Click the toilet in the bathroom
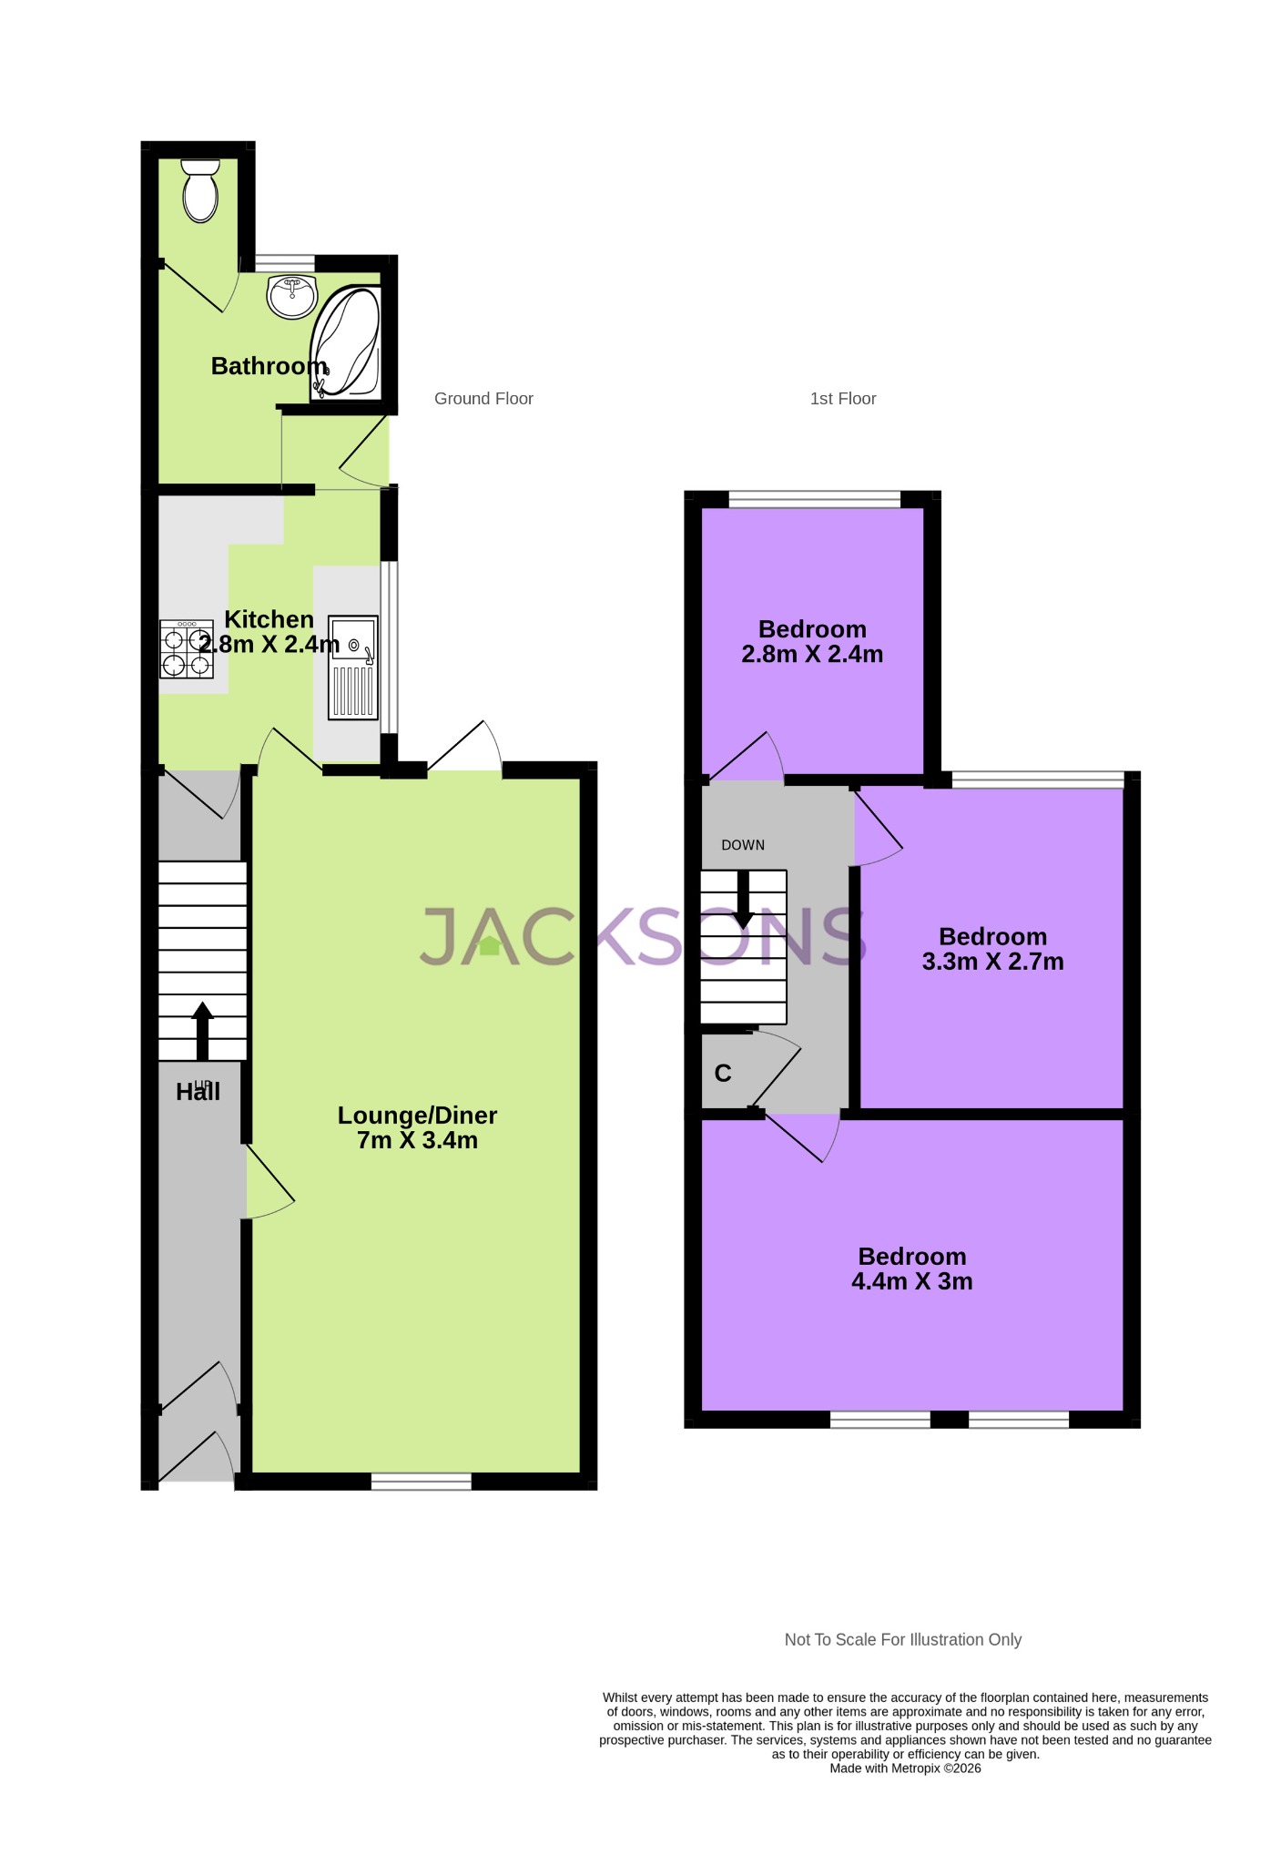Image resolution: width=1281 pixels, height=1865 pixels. pyautogui.click(x=200, y=191)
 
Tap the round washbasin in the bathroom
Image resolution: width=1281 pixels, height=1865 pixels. pyautogui.click(x=291, y=296)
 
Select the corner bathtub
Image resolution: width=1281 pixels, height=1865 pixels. pyautogui.click(x=346, y=344)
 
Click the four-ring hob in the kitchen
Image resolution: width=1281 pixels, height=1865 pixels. pyautogui.click(x=187, y=648)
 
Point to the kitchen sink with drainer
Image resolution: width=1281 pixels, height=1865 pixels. pyautogui.click(x=353, y=667)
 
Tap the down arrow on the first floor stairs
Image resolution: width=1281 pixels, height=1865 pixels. pyautogui.click(x=743, y=900)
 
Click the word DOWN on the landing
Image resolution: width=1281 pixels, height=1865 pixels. pyautogui.click(x=743, y=845)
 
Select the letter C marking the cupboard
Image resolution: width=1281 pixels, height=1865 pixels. pyautogui.click(x=723, y=1074)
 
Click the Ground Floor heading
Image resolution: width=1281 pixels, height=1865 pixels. pyautogui.click(x=483, y=399)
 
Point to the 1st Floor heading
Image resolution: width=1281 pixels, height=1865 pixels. pyautogui.click(x=843, y=399)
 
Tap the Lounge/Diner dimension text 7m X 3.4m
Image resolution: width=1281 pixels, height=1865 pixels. pyautogui.click(x=417, y=1141)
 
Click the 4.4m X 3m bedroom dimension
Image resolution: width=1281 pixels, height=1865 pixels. pyautogui.click(x=911, y=1282)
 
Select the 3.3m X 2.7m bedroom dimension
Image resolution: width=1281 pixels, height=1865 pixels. pyautogui.click(x=992, y=963)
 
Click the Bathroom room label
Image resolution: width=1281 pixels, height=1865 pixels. pyautogui.click(x=269, y=366)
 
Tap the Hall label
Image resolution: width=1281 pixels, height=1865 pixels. pyautogui.click(x=198, y=1092)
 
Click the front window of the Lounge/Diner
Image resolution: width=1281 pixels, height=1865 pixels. pyautogui.click(x=422, y=1482)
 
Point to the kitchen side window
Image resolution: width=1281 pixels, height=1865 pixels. pyautogui.click(x=389, y=647)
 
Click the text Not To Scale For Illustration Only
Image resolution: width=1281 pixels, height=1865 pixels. pyautogui.click(x=903, y=1640)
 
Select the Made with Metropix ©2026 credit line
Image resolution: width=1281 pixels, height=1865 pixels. pyautogui.click(x=905, y=1768)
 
